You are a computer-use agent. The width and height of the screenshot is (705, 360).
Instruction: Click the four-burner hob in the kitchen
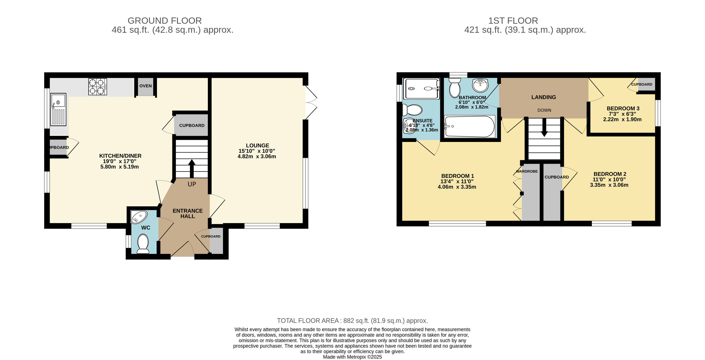(97, 87)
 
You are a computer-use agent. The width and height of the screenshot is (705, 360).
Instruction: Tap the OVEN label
(146, 86)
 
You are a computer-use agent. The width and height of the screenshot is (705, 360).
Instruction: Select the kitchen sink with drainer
(58, 109)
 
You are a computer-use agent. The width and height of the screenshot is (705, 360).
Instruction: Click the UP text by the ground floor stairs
(192, 184)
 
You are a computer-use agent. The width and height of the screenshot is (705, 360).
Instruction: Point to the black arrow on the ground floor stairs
(192, 169)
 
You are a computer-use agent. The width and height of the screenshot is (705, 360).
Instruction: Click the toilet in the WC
(143, 243)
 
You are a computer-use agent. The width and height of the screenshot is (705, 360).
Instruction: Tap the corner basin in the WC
(139, 217)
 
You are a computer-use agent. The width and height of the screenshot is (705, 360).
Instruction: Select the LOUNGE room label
(258, 145)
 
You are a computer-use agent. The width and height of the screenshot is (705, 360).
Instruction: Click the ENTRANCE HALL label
(188, 213)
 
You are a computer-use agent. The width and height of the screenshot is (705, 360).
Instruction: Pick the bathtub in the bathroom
(470, 126)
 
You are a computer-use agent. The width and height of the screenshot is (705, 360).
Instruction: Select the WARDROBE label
(527, 171)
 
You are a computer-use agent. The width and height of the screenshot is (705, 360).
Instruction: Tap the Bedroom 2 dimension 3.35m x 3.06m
(609, 185)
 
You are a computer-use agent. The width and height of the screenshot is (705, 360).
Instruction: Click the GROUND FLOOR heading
(165, 21)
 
